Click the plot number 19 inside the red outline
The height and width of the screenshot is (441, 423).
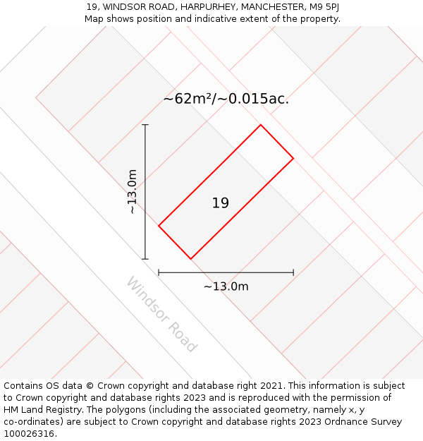point(221,203)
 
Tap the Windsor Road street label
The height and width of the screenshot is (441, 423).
point(161,315)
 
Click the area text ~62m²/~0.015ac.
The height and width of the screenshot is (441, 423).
point(226,99)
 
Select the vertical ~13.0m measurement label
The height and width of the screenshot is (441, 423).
point(132,192)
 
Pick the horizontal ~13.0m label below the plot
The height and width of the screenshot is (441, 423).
point(226,286)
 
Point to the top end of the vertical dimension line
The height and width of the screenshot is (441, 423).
point(145,125)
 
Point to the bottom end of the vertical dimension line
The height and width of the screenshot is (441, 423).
point(145,259)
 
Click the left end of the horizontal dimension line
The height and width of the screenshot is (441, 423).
point(159,272)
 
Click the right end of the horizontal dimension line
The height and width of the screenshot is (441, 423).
point(293,272)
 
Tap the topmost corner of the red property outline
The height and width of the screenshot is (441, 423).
point(261,125)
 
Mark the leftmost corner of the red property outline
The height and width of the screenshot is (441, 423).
point(159,226)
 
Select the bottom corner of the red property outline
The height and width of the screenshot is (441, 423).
point(190,259)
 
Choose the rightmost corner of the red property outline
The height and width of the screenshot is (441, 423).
point(293,158)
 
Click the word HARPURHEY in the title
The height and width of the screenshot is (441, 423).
point(209,7)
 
